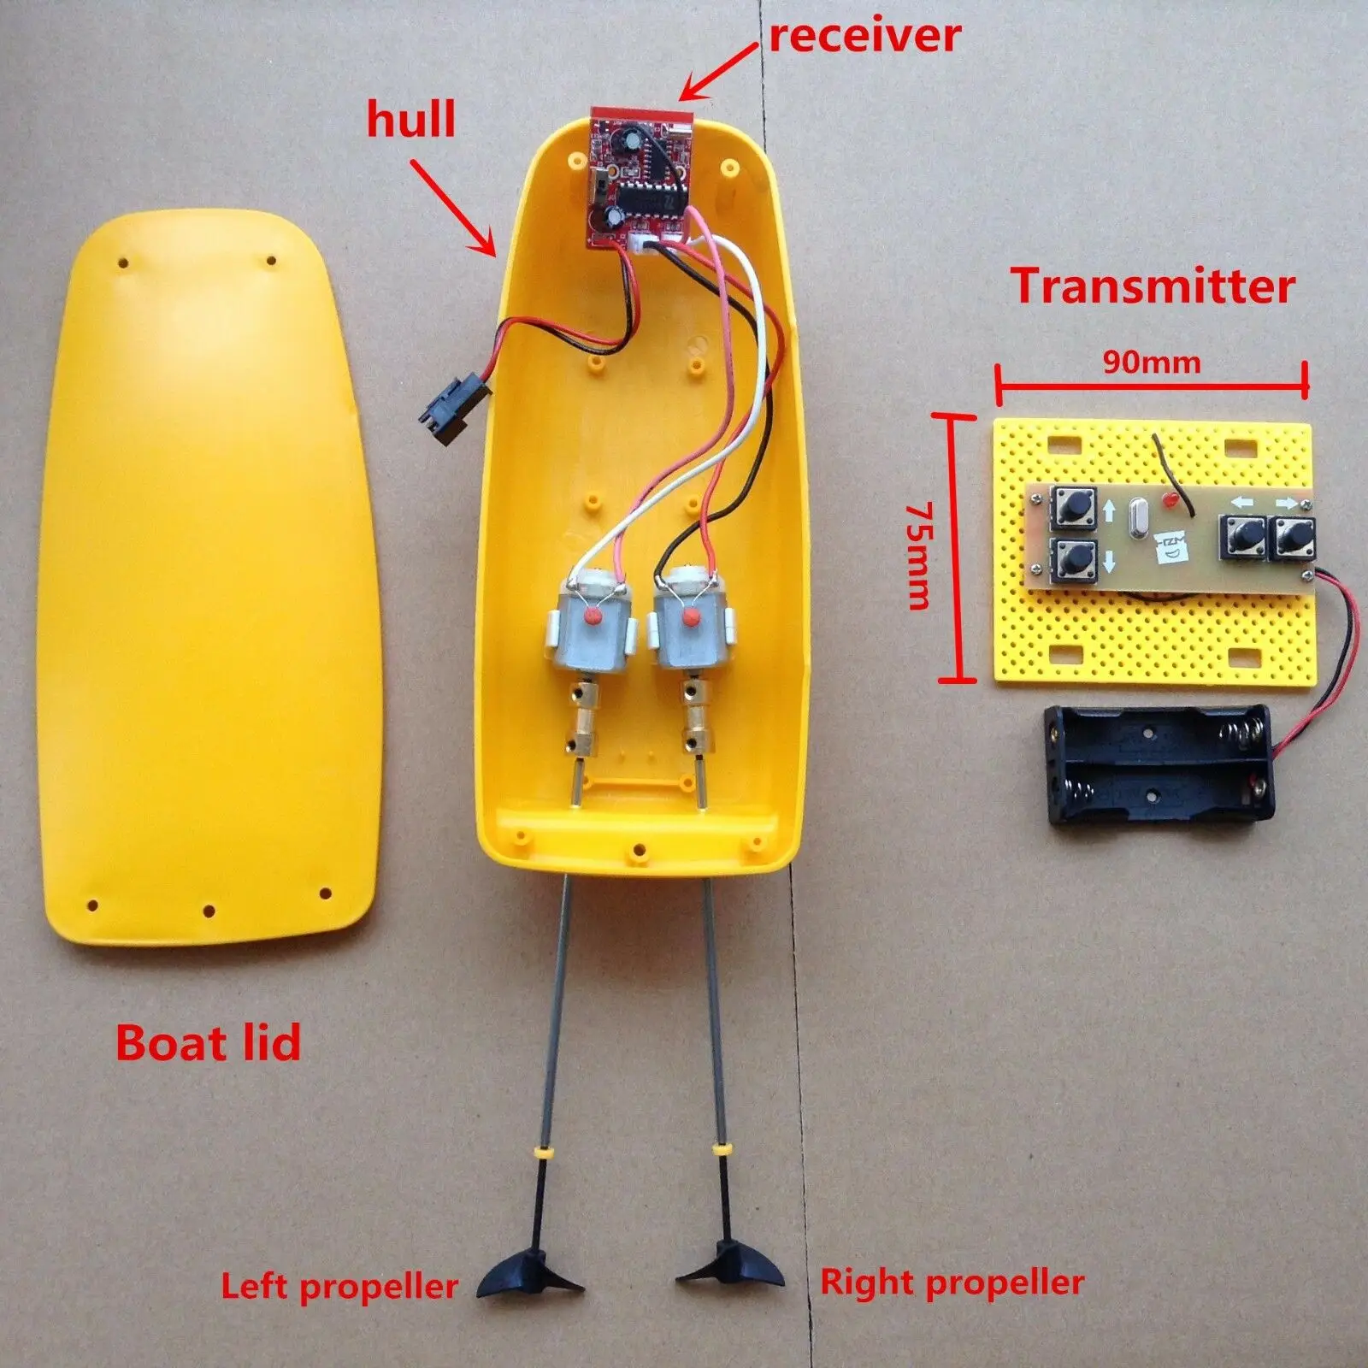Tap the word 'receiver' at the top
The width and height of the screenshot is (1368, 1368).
(864, 35)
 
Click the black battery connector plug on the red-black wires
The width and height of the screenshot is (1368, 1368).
(452, 404)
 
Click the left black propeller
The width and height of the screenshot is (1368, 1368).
(518, 1278)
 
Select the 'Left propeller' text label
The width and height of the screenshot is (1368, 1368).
(339, 1287)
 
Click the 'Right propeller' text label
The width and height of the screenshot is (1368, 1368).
(952, 1282)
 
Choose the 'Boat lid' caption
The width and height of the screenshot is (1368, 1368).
(209, 1043)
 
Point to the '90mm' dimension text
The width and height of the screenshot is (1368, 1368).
(1152, 363)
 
